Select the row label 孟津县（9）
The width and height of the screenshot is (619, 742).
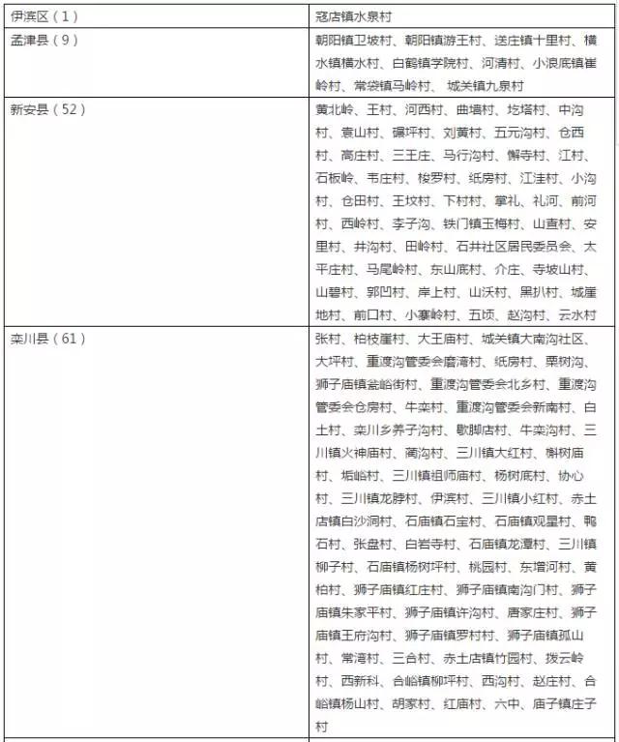click(43, 41)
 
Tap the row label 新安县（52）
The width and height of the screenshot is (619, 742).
click(46, 109)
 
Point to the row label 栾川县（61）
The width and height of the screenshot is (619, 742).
click(46, 339)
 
